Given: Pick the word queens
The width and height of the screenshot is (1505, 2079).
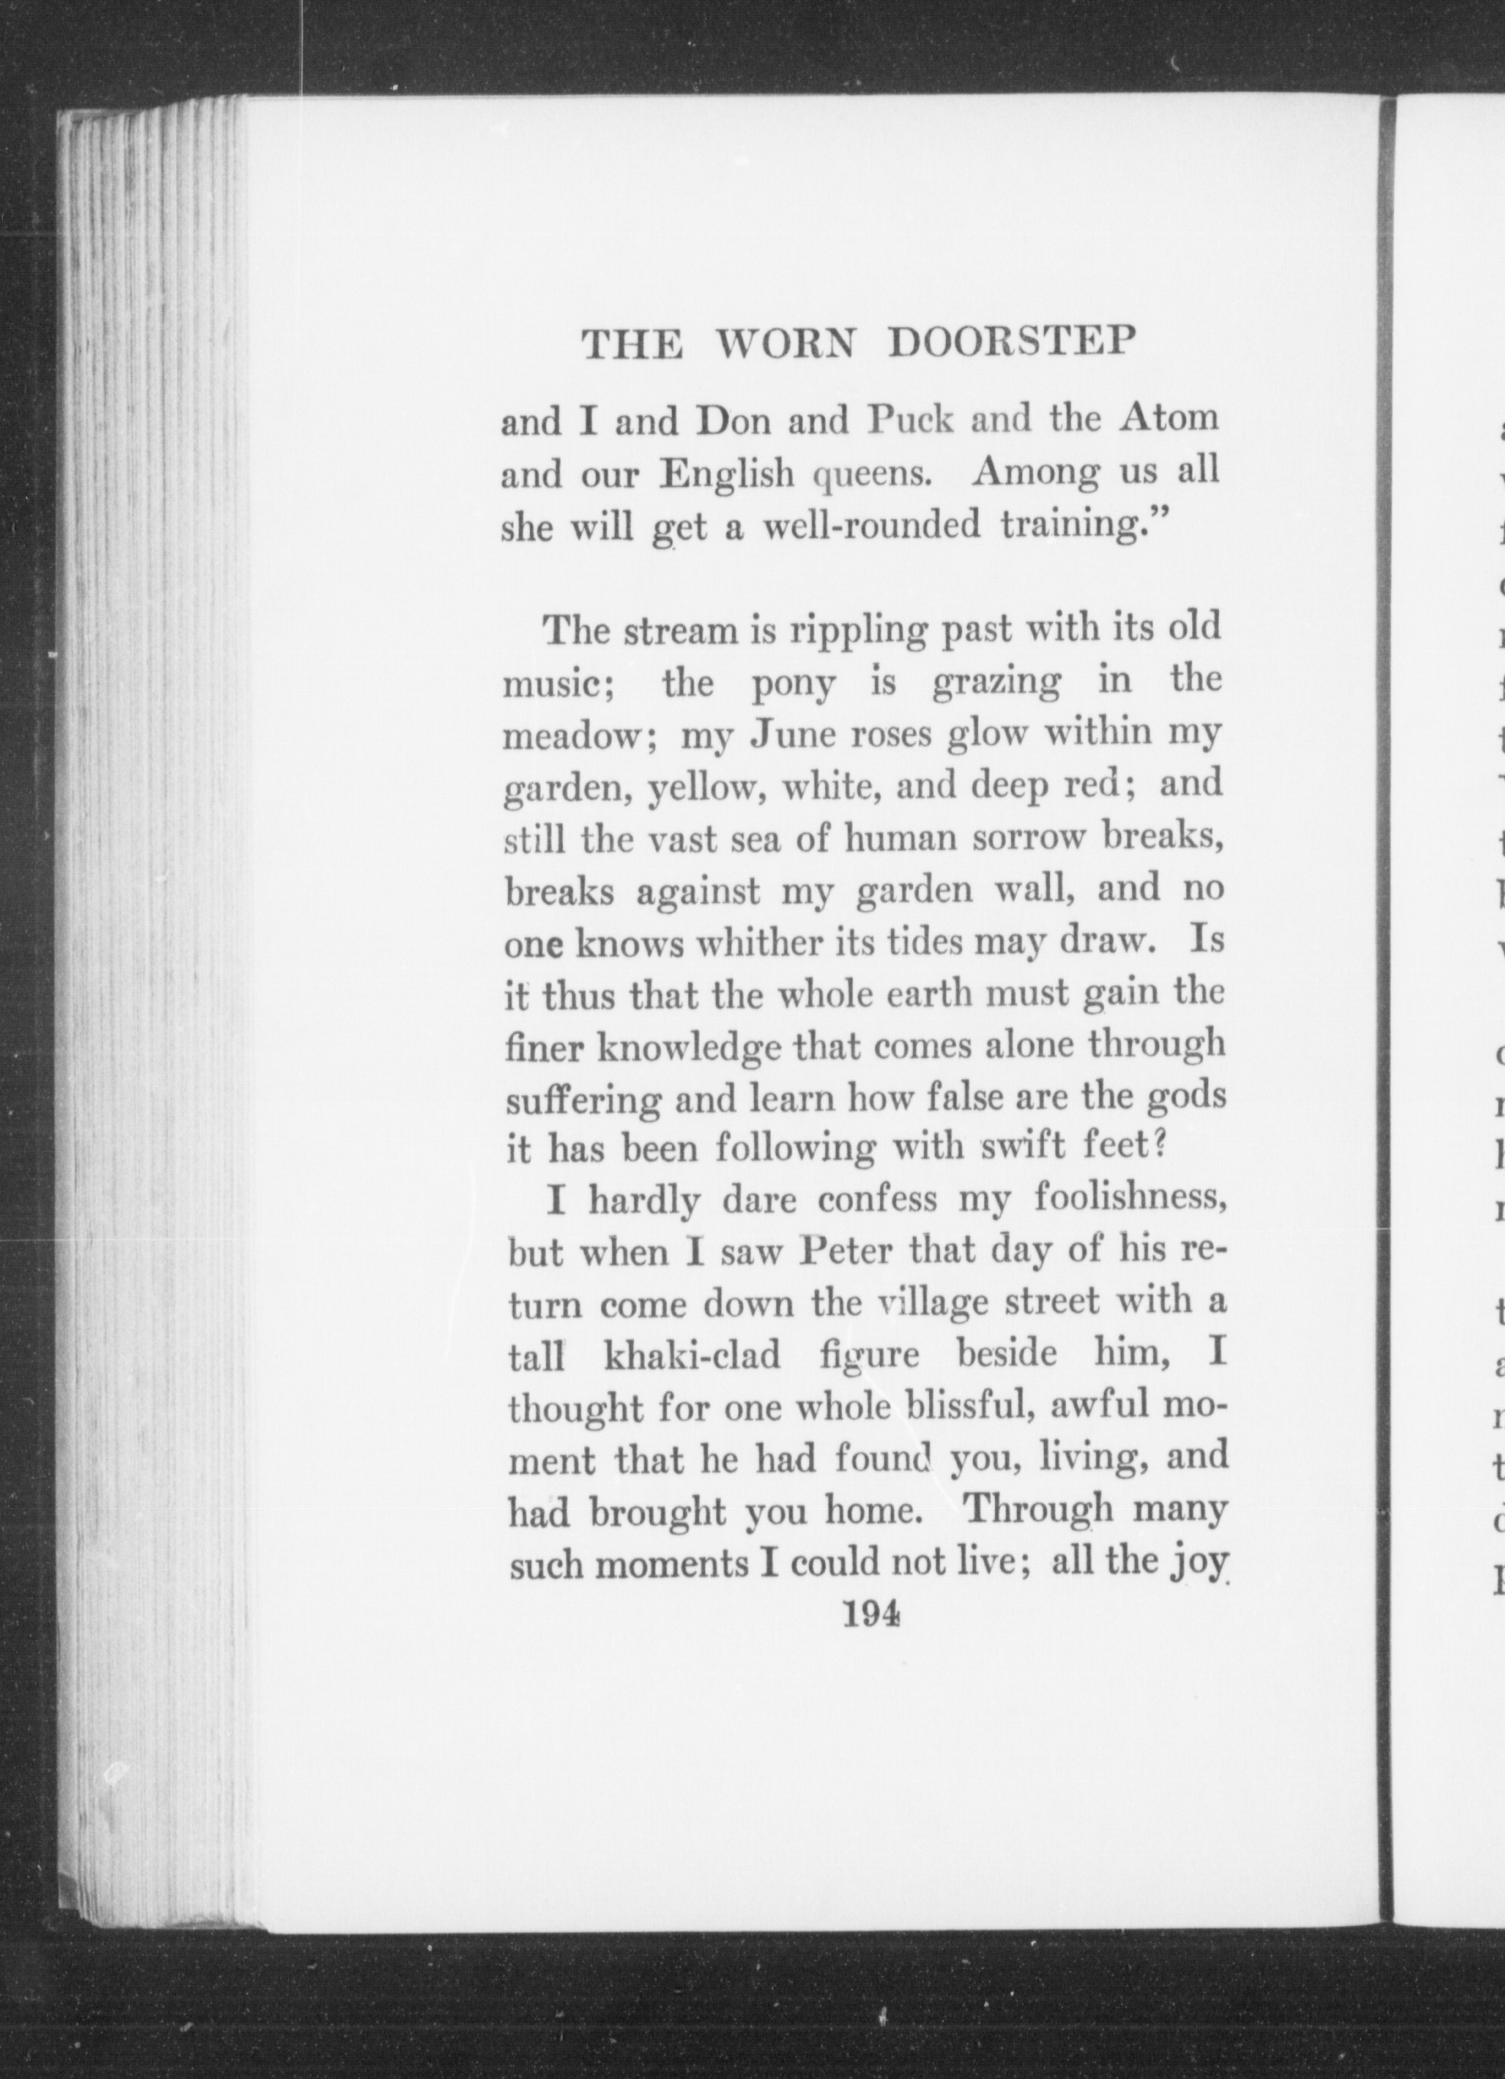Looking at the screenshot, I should pos(873,474).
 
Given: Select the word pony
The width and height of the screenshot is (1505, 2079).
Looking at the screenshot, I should pos(792,686).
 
